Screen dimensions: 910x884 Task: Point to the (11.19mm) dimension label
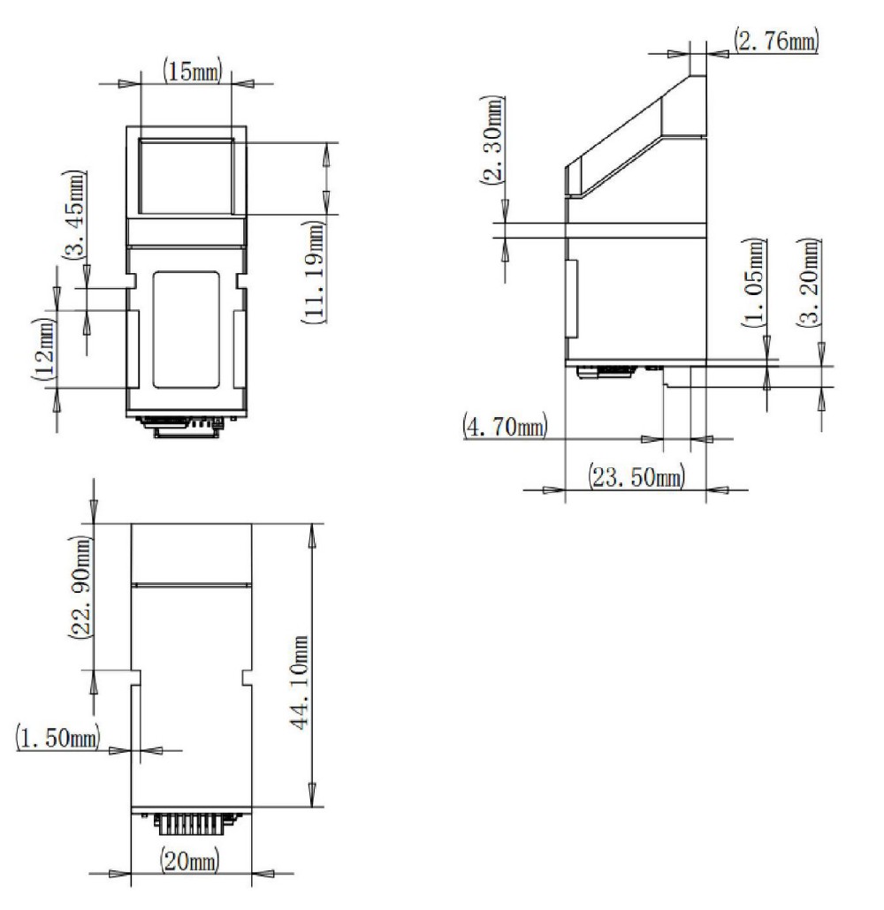[311, 276]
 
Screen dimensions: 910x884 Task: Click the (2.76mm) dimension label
[775, 40]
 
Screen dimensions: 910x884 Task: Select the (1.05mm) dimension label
[754, 284]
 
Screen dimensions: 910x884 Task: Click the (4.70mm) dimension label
[505, 427]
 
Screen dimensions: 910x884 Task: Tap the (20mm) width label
[190, 858]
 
